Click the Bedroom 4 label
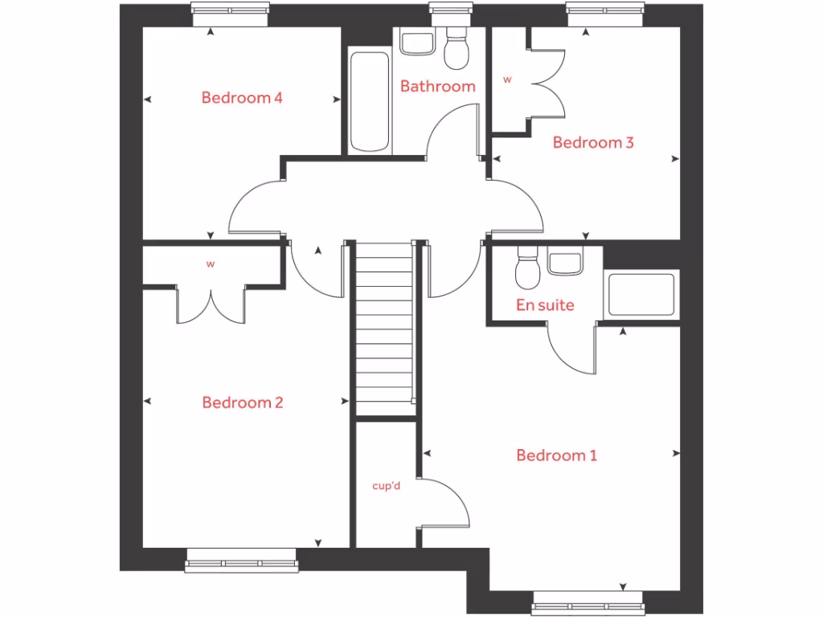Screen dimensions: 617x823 point(242,98)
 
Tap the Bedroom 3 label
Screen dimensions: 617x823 point(593,142)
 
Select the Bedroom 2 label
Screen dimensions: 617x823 point(243,402)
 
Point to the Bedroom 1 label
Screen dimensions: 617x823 point(556,456)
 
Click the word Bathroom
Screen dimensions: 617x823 point(438,86)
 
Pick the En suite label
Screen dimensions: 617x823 point(545,305)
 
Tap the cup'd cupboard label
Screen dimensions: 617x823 point(387,486)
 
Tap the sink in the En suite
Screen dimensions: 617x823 point(564,262)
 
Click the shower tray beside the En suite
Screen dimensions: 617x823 point(641,295)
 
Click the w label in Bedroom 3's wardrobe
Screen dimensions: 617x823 point(507,80)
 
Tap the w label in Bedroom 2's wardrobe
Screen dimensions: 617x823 point(211,264)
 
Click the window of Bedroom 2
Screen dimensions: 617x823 point(241,560)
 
